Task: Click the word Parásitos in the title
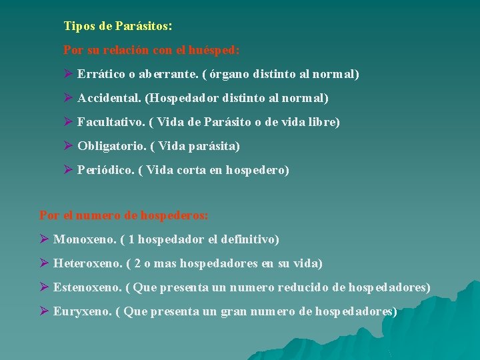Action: tap(143, 27)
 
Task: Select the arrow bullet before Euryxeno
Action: tap(44, 311)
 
